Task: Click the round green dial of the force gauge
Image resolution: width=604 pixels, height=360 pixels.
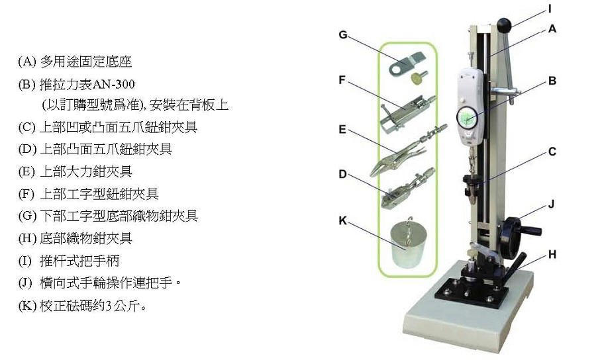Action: (x=468, y=117)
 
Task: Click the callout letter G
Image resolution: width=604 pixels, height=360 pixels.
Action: (x=343, y=35)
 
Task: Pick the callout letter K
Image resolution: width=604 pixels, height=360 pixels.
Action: (x=342, y=220)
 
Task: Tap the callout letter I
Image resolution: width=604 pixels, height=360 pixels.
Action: (x=550, y=9)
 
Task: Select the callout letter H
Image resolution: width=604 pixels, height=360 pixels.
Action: (x=552, y=254)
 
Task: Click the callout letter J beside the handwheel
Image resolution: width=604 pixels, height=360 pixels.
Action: (x=551, y=204)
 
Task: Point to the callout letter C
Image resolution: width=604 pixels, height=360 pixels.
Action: (x=552, y=152)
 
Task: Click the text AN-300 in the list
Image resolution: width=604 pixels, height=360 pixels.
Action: (x=114, y=84)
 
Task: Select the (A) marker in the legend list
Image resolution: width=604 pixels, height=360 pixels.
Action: (x=27, y=62)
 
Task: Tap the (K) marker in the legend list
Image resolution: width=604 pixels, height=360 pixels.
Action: (x=27, y=306)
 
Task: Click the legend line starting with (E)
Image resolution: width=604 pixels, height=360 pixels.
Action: (x=75, y=171)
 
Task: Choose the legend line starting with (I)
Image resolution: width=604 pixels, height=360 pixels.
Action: (x=69, y=261)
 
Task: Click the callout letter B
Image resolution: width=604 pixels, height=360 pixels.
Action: (x=552, y=81)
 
